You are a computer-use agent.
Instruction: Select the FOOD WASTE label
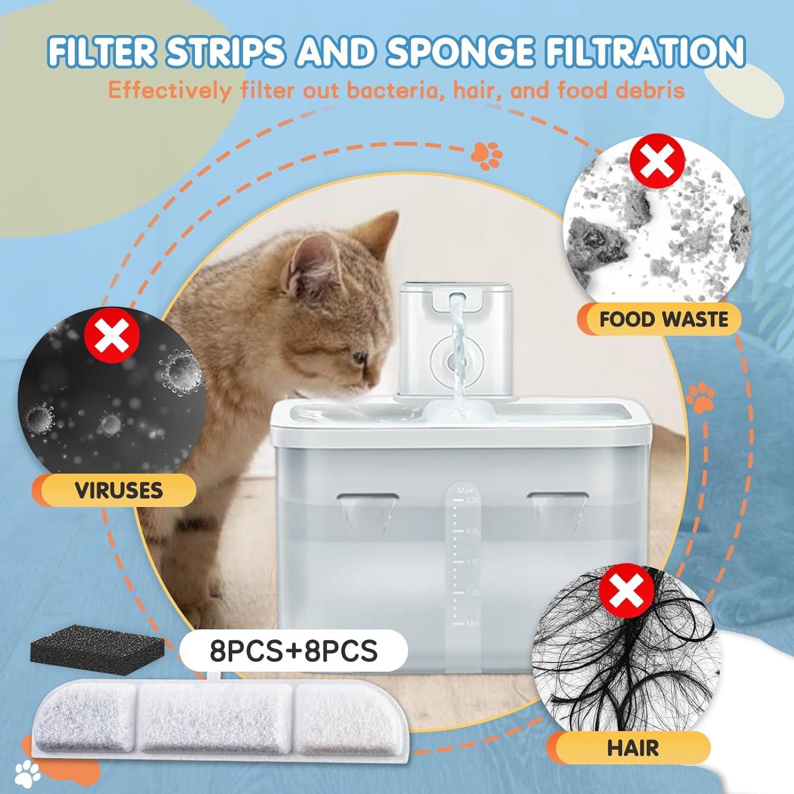pyautogui.click(x=663, y=320)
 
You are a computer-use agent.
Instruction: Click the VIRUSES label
pyautogui.click(x=119, y=491)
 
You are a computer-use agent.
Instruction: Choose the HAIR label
pyautogui.click(x=633, y=748)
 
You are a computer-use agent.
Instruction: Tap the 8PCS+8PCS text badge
pyautogui.click(x=294, y=651)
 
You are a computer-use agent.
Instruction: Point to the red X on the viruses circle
pyautogui.click(x=112, y=336)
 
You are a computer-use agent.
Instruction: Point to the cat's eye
pyautogui.click(x=360, y=358)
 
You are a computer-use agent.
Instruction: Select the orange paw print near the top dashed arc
pyautogui.click(x=486, y=155)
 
